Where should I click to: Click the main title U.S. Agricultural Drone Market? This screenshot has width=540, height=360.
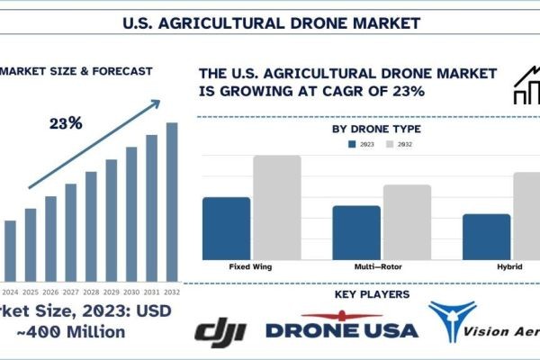tap(270, 19)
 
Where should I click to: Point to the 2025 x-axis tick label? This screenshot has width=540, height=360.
tap(31, 292)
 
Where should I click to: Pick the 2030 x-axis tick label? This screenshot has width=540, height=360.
tap(131, 292)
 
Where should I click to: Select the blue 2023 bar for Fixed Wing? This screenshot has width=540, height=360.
tap(227, 228)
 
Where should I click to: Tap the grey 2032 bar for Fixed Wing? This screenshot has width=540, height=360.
tap(276, 207)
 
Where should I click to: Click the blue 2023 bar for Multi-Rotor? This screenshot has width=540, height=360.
tap(356, 232)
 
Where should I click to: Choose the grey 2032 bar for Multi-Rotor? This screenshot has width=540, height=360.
tap(407, 221)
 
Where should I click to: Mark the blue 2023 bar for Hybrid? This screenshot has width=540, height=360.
tap(487, 237)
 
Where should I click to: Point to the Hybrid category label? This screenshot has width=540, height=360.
tap(510, 267)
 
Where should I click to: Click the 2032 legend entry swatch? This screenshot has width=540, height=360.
tap(389, 143)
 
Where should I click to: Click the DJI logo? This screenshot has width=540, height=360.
tap(220, 330)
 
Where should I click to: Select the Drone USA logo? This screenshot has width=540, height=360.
tap(341, 328)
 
